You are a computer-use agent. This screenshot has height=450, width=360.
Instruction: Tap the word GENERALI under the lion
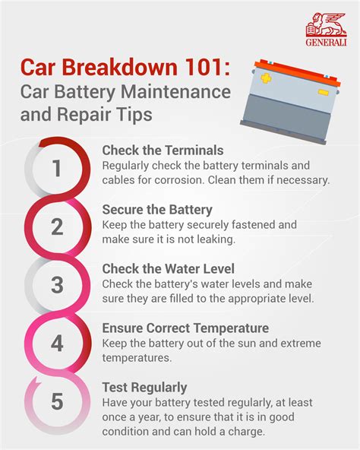[326, 43]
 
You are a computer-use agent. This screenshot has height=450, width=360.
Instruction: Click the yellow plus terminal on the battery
[266, 78]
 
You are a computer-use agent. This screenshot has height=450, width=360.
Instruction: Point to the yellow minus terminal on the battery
[324, 93]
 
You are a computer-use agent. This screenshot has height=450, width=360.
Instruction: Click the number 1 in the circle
[57, 168]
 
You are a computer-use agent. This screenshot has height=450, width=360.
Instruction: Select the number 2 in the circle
[57, 227]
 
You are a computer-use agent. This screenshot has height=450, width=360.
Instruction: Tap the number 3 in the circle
[57, 285]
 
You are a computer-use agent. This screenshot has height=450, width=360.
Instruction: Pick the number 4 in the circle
[57, 344]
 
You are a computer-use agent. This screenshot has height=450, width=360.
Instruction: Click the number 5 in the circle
[57, 401]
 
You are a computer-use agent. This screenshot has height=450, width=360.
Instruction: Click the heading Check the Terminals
[163, 151]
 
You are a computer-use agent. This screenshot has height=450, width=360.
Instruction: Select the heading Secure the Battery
[157, 210]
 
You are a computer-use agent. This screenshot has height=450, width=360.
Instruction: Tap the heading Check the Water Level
[168, 269]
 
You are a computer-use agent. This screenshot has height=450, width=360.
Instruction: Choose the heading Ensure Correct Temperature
[185, 328]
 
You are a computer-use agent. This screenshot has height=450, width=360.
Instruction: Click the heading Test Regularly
[144, 388]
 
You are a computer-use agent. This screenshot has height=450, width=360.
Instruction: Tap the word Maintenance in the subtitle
[175, 92]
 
